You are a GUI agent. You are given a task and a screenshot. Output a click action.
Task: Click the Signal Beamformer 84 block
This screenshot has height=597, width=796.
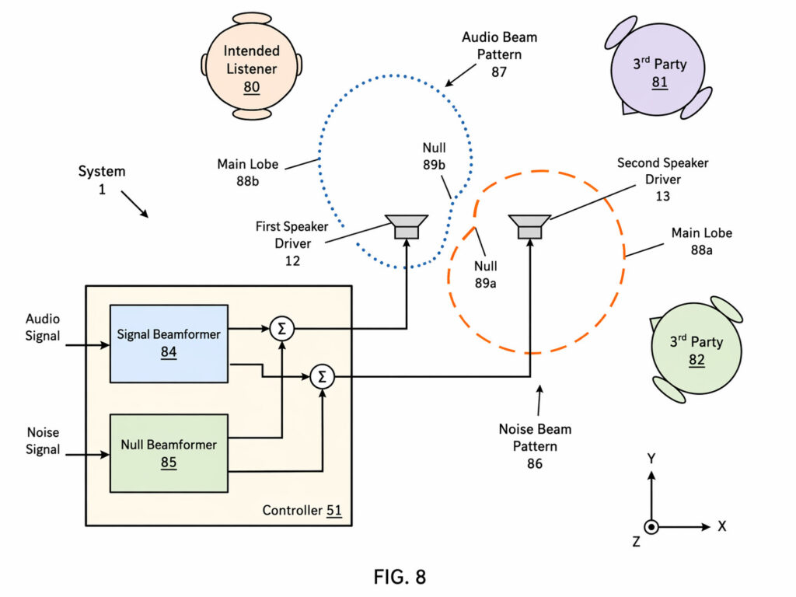169,343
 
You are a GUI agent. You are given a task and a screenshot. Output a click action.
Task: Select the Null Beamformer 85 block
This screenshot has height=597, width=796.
169,453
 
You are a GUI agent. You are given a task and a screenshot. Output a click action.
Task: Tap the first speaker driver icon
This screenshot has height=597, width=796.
407,227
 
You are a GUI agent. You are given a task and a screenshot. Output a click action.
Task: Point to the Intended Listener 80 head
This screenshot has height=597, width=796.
251,68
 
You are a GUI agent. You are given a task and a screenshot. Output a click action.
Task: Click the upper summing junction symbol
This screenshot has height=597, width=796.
281,330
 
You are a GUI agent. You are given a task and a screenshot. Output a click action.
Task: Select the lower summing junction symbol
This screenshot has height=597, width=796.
321,377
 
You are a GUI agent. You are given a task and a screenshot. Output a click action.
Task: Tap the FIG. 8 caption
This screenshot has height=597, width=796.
400,577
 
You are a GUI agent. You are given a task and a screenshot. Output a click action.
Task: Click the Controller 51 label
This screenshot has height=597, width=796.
302,511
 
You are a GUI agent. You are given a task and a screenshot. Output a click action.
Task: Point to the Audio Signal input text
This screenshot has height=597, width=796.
43,327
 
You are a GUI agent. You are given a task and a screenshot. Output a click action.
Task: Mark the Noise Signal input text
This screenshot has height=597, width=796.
43,441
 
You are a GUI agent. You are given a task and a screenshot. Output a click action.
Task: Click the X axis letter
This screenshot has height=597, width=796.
722,526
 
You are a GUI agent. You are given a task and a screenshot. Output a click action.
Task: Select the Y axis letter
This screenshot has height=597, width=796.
651,459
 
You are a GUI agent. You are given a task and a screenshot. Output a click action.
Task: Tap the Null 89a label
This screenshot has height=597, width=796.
485,274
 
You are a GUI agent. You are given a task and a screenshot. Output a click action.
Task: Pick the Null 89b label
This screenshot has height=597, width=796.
435,155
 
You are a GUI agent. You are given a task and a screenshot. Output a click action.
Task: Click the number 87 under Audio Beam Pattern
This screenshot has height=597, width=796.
499,72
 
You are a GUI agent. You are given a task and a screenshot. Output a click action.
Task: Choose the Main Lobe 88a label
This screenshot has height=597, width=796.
702,241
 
